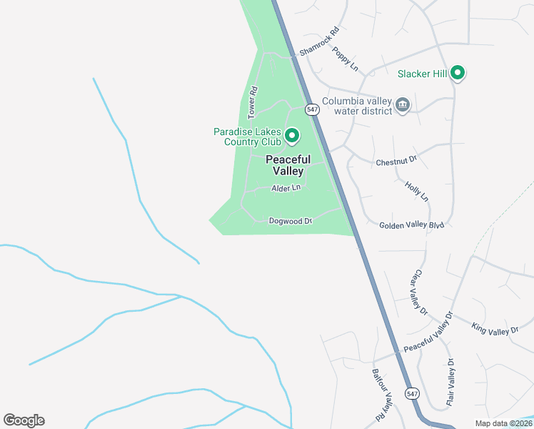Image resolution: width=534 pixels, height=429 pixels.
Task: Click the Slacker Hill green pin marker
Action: pos(457,73)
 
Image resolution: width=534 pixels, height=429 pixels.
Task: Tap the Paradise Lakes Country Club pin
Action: pos(291,135)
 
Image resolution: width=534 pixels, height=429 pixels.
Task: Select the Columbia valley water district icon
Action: pos(403,105)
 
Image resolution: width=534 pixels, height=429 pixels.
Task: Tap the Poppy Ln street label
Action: pos(344,62)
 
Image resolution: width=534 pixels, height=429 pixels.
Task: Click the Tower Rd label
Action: pos(252,102)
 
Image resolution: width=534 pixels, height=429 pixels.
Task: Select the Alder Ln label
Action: pos(286,188)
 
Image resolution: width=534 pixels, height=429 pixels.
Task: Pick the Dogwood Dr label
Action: pos(291,221)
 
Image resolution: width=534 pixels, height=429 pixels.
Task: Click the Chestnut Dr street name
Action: pos(396,162)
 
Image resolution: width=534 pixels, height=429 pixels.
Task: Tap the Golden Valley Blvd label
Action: pos(411,225)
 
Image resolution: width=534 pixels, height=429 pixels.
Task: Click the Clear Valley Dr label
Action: pos(418,292)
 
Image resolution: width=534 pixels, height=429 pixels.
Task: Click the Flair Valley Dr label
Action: pos(450,384)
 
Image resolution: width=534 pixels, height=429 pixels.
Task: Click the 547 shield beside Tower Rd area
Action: pos(312,109)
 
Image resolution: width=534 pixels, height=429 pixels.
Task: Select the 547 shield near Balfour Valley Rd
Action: pos(411,394)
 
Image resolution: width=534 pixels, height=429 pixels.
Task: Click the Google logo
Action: pos(24,420)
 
